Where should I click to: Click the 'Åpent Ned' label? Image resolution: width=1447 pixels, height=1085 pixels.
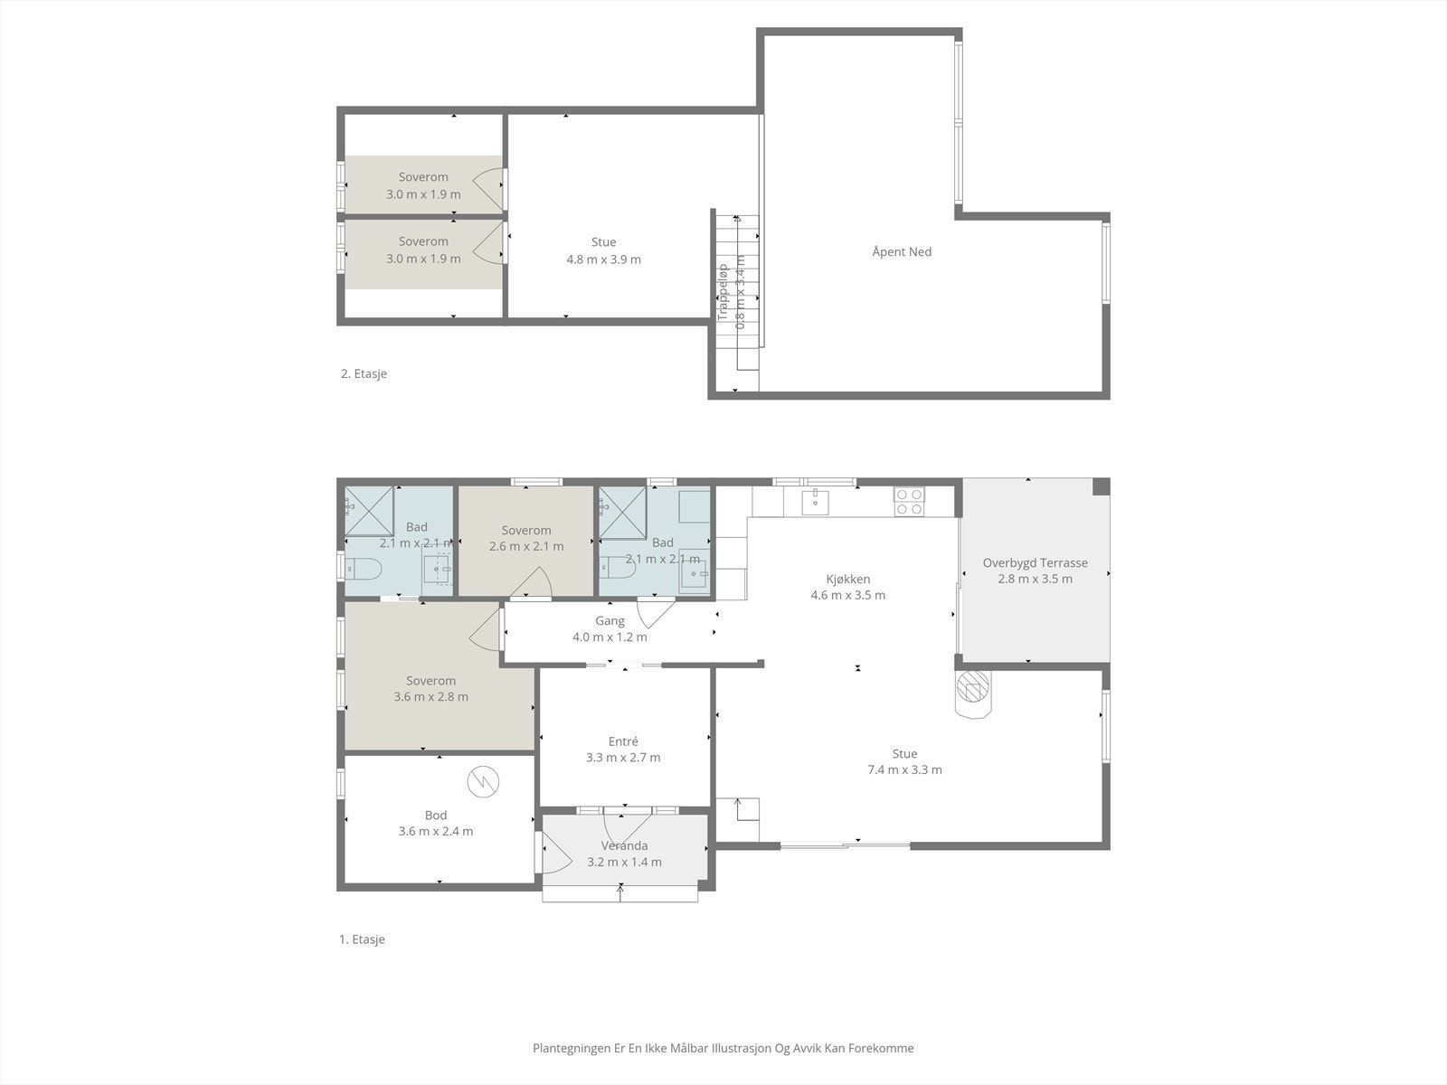pos(902,251)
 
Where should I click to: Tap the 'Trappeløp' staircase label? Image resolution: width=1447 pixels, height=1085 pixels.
pos(723,291)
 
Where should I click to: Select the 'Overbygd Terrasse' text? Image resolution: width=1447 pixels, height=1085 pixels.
pos(1035,562)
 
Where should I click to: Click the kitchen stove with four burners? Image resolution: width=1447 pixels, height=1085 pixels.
pos(909,501)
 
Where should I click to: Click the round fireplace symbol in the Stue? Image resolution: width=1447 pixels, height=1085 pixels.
pos(973,692)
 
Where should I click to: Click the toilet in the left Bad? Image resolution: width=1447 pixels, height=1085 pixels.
pos(364,570)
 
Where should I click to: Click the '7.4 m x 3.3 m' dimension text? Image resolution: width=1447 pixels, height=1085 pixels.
pos(904,770)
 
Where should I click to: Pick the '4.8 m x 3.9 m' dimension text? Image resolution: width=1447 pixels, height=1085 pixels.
pos(603,259)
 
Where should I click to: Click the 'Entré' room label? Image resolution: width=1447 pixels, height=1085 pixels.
pos(623,741)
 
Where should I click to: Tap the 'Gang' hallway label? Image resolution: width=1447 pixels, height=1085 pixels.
pos(610,621)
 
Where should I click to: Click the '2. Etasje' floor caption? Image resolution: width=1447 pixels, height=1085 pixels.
pos(364,373)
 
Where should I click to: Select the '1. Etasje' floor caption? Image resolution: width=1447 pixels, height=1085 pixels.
pos(362,939)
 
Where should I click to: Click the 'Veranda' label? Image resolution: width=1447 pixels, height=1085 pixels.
pos(624,845)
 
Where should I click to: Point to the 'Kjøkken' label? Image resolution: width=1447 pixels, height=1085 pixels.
pos(847,579)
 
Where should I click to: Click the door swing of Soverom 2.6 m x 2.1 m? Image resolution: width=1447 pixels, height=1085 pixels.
pos(534,583)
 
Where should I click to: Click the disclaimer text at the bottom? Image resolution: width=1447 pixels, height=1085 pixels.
pos(723,1048)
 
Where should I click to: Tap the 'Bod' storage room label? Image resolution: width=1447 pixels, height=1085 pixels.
pos(436,815)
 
